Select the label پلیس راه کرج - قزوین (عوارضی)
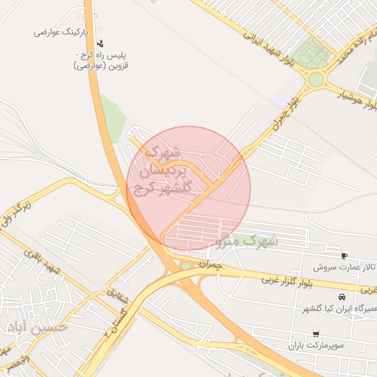(100, 60)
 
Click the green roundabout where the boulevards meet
(316, 79)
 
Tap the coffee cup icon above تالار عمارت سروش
(344, 256)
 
